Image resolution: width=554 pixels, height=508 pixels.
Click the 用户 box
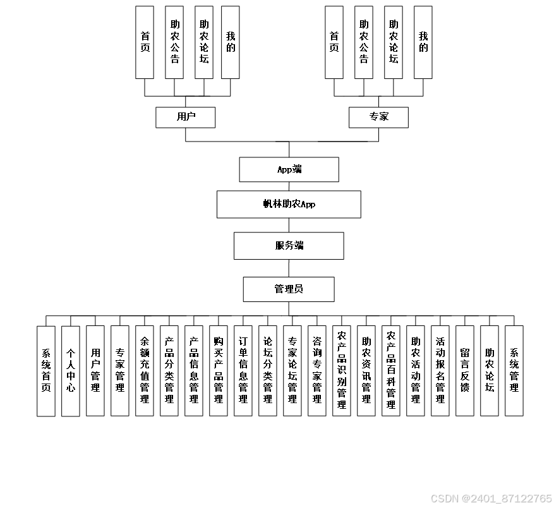(x=186, y=117)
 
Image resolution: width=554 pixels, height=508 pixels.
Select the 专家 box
(x=378, y=117)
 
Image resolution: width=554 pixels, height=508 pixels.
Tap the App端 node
(x=289, y=169)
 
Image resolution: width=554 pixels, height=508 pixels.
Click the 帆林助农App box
(x=289, y=204)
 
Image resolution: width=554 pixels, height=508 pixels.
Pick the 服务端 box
(x=289, y=246)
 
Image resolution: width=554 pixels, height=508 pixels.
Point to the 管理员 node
(x=289, y=289)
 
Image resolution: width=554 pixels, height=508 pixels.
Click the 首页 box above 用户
(x=145, y=42)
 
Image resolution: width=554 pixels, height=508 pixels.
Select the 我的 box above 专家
(x=423, y=42)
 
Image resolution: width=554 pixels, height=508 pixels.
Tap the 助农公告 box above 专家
(x=364, y=42)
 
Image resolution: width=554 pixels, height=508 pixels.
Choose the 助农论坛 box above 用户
(x=204, y=42)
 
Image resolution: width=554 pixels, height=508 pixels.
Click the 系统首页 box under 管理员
(x=46, y=371)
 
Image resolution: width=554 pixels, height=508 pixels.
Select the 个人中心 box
(x=71, y=371)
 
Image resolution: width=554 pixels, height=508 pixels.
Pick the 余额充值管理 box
(x=145, y=371)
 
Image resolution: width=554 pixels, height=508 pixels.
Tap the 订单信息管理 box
(x=243, y=371)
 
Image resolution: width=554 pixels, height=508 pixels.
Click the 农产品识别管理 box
(x=342, y=371)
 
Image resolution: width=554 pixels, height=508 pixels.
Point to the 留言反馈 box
(x=465, y=371)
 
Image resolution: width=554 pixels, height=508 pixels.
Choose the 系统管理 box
(x=514, y=371)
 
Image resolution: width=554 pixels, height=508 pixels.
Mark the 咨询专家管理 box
(x=317, y=371)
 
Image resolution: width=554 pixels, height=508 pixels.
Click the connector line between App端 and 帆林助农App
(x=289, y=186)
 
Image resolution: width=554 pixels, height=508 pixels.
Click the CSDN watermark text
(x=491, y=499)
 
